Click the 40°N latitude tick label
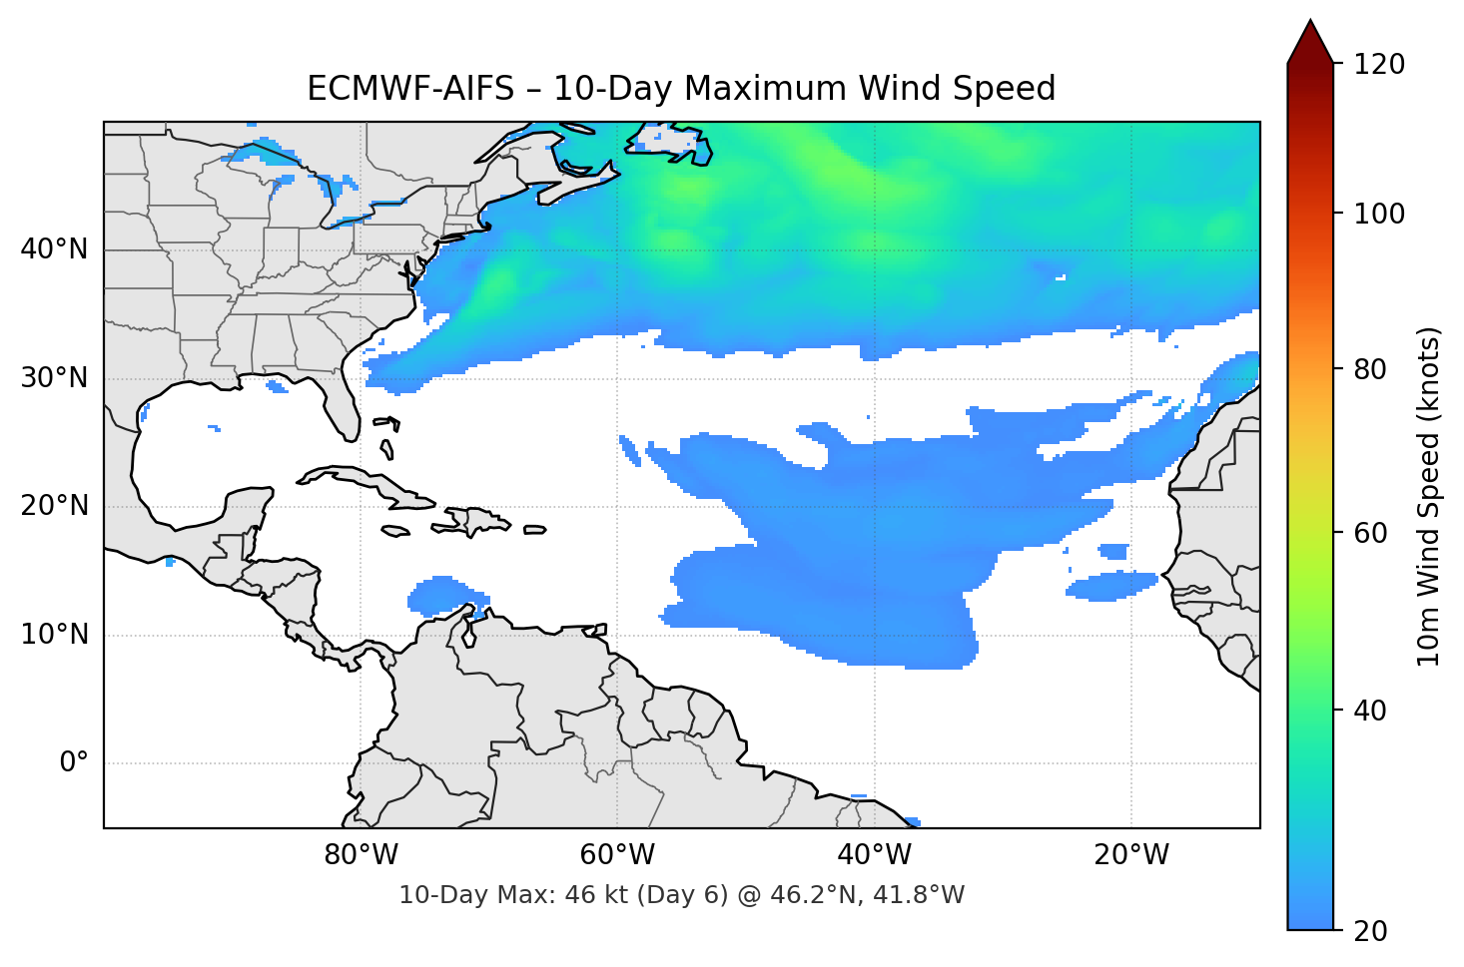coord(54,249)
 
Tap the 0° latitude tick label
coord(74,763)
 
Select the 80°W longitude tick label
coord(361,855)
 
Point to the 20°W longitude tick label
coord(1131,855)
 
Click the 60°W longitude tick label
coord(617,855)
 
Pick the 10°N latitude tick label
coord(54,635)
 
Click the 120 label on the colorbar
coord(1379,65)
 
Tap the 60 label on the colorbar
coord(1370,533)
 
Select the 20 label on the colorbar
coord(1370,931)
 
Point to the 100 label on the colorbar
coord(1379,214)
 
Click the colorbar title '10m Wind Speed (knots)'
coord(1428,496)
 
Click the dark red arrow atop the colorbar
coord(1310,42)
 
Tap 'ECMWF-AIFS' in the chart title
coord(409,89)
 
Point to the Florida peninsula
coord(340,399)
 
